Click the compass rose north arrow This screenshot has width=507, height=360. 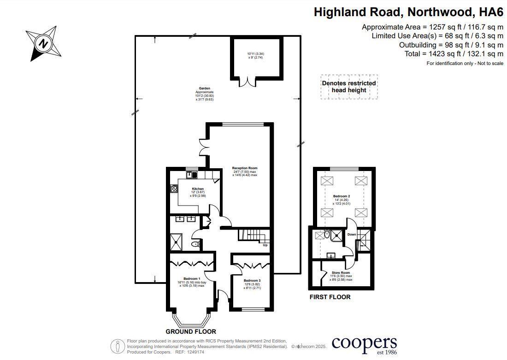click(43, 44)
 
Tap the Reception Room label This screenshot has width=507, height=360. click(245, 168)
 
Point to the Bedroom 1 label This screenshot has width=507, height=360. click(192, 279)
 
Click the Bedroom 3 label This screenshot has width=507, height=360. click(252, 281)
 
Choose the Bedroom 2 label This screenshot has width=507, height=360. click(342, 196)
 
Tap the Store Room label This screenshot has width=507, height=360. click(342, 273)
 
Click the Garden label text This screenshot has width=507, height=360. click(205, 89)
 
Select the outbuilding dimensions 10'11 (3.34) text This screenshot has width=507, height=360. click(255, 54)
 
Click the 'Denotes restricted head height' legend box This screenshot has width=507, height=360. click(349, 87)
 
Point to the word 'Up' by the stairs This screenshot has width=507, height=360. click(265, 245)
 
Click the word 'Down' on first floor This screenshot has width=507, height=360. click(352, 235)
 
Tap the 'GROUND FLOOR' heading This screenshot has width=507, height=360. click(191, 331)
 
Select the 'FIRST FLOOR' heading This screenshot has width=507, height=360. click(330, 297)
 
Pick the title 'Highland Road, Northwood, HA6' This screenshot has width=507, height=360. click(408, 12)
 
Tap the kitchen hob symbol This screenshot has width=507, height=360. click(174, 188)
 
